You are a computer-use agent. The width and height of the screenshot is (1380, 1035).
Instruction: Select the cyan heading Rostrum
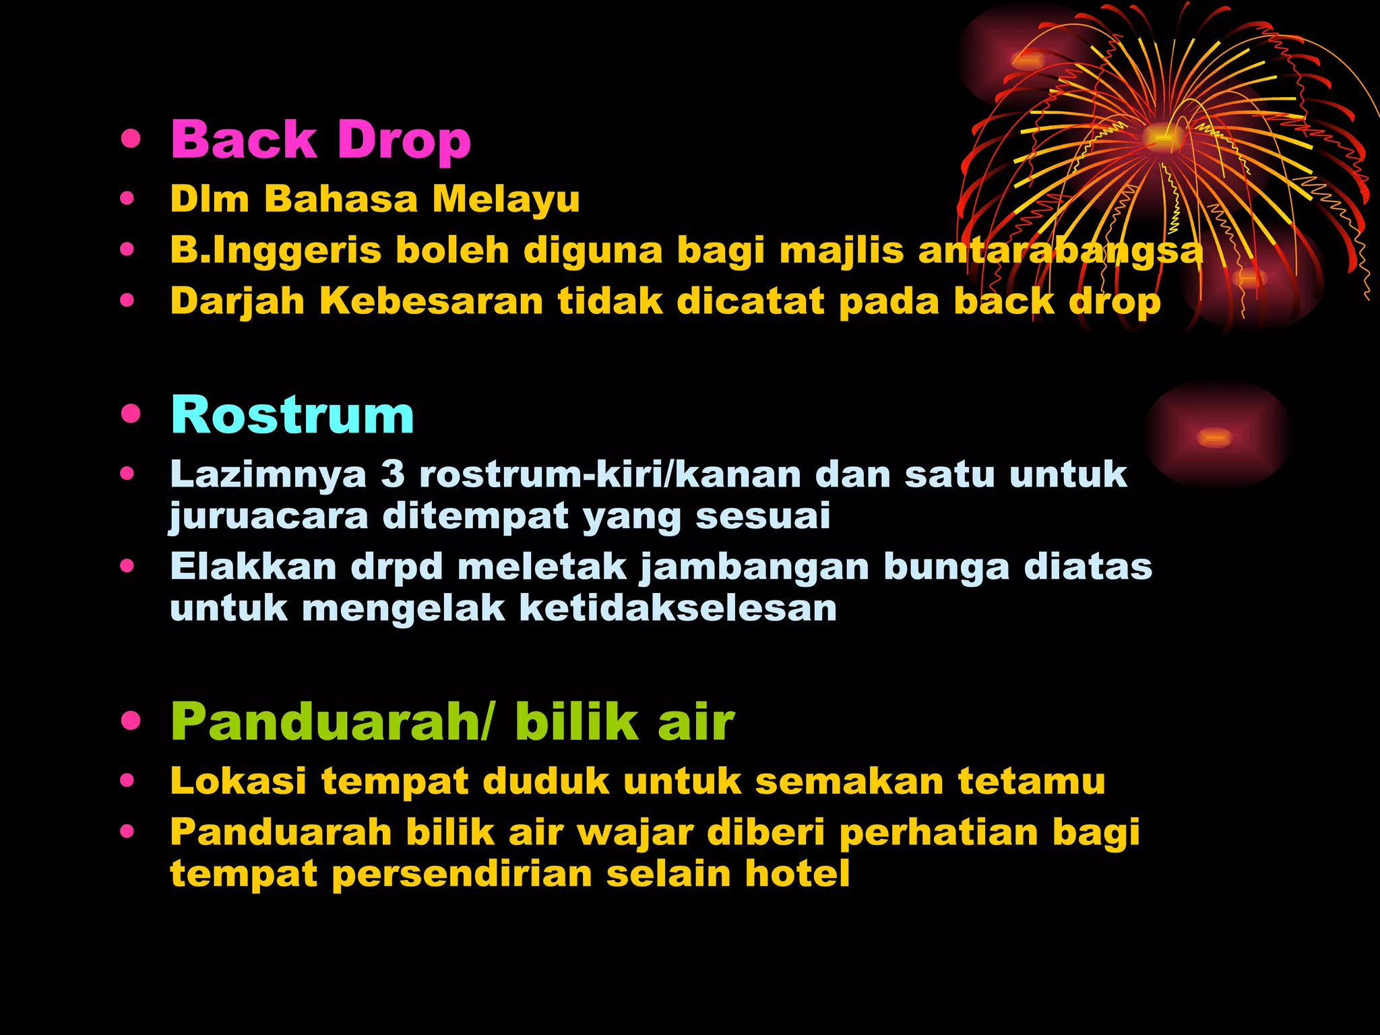[292, 415]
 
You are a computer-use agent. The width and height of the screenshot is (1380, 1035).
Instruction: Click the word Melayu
[505, 199]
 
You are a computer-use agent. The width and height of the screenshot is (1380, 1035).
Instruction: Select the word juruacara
[268, 517]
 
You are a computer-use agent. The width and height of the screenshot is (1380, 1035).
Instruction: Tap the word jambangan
[754, 567]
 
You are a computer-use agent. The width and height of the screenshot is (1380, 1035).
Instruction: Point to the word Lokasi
[238, 782]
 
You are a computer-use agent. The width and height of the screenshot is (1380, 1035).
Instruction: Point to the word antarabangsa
[1061, 251]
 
